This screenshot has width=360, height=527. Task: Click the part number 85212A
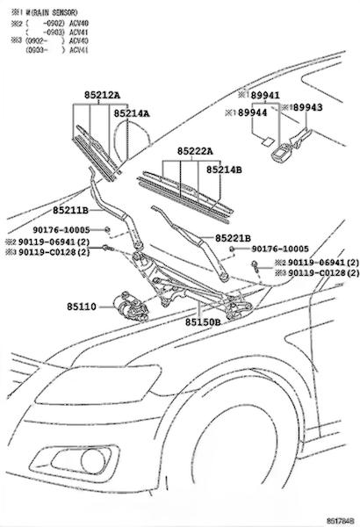tap(102, 96)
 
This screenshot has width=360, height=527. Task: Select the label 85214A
tap(132, 113)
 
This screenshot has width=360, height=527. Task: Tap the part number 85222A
tap(195, 152)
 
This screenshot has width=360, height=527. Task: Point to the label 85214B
tap(224, 170)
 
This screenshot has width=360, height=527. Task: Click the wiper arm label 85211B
tap(70, 211)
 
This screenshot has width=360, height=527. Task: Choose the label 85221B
tap(233, 238)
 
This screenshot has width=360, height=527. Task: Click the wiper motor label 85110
tap(82, 307)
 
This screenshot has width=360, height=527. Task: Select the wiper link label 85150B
tap(203, 322)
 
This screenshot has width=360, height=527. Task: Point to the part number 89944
tap(252, 112)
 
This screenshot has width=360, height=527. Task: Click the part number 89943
tap(307, 107)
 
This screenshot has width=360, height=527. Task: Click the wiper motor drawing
tap(131, 306)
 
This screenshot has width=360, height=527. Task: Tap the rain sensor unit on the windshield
tap(281, 153)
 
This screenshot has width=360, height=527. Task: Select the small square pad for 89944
tap(268, 141)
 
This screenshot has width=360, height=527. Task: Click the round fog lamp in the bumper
tap(93, 461)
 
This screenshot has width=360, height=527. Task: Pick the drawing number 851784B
tap(340, 521)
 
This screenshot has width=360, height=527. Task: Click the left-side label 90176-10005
tap(61, 230)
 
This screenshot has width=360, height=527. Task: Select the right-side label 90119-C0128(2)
tap(324, 273)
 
